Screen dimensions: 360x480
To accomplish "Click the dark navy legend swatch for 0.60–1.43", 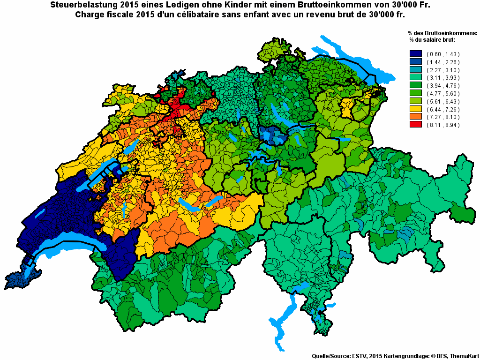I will click(415, 54).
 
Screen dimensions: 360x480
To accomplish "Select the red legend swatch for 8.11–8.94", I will click(415, 125).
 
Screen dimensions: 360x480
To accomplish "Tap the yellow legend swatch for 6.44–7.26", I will click(415, 109).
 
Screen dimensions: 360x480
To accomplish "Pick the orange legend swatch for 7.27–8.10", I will click(415, 117).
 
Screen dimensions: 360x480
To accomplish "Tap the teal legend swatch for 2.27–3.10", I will click(415, 70).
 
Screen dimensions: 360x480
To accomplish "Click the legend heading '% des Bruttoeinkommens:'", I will click(442, 33).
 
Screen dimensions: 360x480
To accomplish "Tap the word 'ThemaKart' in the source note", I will click(462, 356).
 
